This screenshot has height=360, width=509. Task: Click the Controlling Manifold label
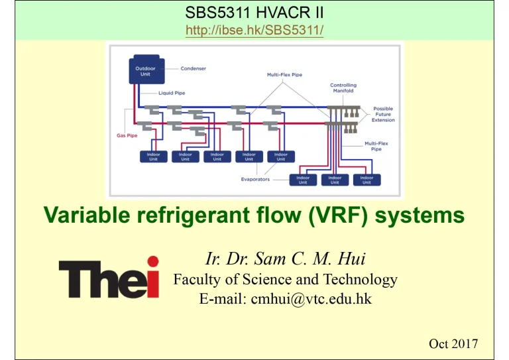pos(343,88)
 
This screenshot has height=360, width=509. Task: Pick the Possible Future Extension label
pos(384,114)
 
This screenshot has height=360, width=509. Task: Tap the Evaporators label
pos(255,179)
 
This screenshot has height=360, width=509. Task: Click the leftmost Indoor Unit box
pos(153,156)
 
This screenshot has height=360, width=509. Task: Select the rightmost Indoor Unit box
pos(366,179)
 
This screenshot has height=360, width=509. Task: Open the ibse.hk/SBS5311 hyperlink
pos(254,30)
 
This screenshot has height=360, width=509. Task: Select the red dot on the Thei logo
pos(153,261)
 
